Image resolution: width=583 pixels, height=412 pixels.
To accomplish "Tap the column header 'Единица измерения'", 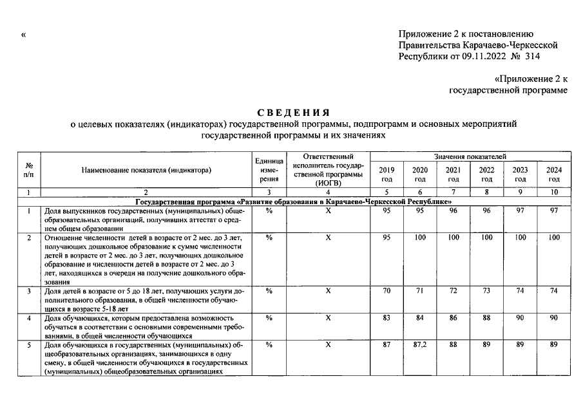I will pos(269,170).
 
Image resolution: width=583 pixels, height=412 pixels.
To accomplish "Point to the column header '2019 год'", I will pos(387,174).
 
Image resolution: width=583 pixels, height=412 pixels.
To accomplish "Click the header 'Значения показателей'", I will pos(470,156).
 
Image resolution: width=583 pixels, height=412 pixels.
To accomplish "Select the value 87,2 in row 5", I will pos(420,346).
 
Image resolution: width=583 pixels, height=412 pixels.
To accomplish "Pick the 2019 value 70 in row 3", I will pos(387,291).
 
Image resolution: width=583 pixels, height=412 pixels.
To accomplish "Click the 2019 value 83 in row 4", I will pos(387,318).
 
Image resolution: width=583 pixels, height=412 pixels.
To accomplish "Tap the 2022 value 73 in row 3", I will pos(487,291).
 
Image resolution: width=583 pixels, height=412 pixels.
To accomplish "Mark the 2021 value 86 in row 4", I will pos(454,318).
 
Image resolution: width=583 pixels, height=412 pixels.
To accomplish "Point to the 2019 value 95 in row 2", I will pos(387,238).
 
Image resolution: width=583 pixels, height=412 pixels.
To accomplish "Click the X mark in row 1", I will pos(328,211).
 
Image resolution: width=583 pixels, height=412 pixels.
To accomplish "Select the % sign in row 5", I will pos(269,346).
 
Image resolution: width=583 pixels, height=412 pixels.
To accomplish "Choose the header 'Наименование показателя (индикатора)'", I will pos(146,170).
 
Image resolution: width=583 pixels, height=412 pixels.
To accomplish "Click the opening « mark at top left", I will pos(24,34).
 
